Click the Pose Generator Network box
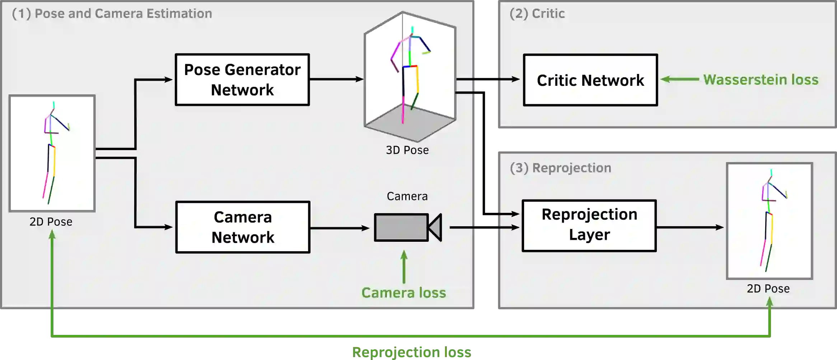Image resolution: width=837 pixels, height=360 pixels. coord(242,80)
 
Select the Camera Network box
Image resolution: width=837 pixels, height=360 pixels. coord(243,227)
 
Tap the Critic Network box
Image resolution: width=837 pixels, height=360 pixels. coord(590,80)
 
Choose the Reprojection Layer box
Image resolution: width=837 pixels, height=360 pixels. coord(589,225)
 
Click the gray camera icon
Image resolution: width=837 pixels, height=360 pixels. coord(407,227)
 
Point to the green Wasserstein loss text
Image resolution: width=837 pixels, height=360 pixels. coord(761,80)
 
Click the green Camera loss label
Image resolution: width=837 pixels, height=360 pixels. coord(403,293)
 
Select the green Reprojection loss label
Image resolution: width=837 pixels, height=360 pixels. coord(411,352)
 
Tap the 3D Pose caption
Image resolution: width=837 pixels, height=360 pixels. coord(407,150)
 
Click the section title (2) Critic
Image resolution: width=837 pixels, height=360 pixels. coord(537,14)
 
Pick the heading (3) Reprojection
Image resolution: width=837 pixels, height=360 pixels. coord(560,168)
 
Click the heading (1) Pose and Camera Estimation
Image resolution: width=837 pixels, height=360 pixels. coord(112,14)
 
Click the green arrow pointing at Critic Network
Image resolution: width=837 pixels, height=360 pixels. coord(679,79)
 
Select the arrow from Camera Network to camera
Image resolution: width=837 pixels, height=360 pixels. coord(339,228)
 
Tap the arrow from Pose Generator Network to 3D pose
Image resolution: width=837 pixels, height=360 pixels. coord(336,79)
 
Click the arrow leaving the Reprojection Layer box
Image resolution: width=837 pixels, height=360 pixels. coord(689,227)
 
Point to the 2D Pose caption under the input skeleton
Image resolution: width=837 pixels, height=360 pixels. coord(51,222)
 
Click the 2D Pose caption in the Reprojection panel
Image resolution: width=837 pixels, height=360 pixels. coord(768,289)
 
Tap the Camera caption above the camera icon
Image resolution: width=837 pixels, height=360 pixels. coord(407,196)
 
